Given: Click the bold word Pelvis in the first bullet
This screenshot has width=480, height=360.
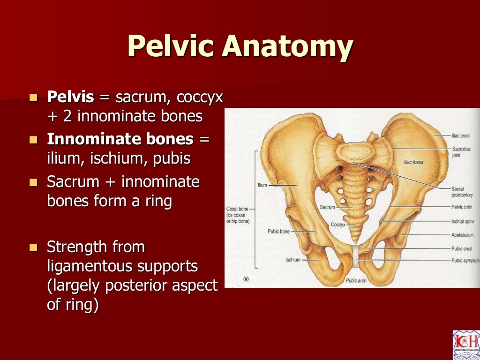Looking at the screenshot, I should click(x=70, y=97).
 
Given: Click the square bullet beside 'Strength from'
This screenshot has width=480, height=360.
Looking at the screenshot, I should click(x=33, y=247).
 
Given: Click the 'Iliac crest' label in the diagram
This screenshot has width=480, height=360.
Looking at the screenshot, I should click(x=460, y=135).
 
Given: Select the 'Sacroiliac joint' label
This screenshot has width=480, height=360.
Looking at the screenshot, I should click(x=461, y=151).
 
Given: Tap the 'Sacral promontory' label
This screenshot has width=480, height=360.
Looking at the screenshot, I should click(x=462, y=192).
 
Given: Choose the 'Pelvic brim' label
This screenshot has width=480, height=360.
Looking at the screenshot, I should click(x=461, y=206).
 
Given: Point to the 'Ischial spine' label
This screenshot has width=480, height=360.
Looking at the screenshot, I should click(x=462, y=220).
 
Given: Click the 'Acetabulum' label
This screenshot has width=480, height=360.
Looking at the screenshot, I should click(x=462, y=235).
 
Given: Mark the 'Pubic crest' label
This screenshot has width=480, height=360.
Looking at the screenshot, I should click(x=461, y=248).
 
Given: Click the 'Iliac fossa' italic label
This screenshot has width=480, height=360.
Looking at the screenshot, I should click(x=413, y=162).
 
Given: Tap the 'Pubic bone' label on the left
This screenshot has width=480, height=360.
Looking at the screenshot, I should click(x=278, y=232).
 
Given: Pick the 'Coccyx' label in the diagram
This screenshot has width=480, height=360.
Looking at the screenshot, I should click(x=337, y=225).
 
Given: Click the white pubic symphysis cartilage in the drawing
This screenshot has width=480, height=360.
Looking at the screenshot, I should click(x=356, y=255).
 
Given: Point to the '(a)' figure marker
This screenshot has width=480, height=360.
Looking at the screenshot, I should click(x=245, y=279).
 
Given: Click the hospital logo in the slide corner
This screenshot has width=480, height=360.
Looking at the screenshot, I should click(x=466, y=345).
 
